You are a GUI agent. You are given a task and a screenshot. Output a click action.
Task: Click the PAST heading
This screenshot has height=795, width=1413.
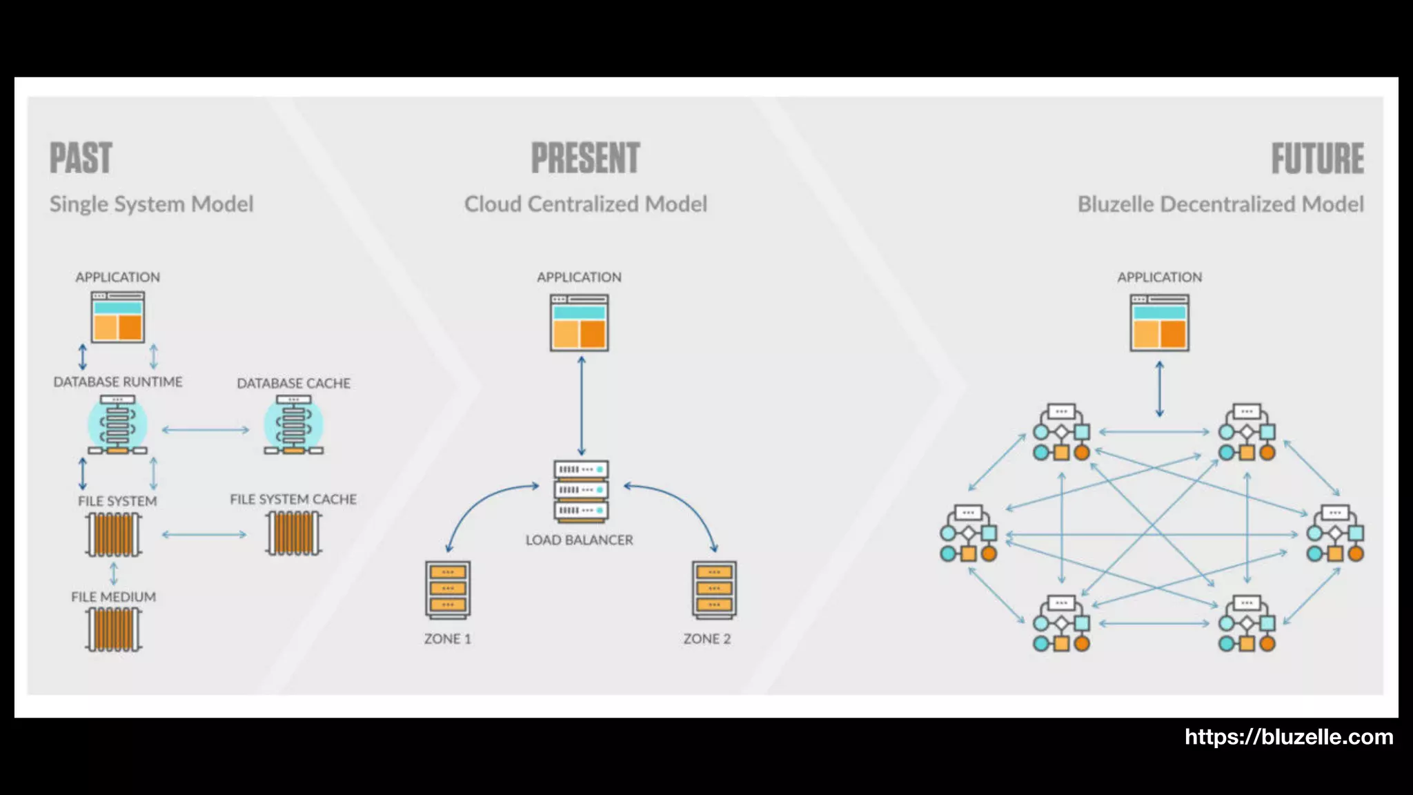click(x=81, y=158)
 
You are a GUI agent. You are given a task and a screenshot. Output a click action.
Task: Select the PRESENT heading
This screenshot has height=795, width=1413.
click(x=585, y=158)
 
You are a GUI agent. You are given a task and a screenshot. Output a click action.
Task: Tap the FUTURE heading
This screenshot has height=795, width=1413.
click(x=1317, y=158)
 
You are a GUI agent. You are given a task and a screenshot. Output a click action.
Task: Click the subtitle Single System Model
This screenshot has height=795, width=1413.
click(x=151, y=204)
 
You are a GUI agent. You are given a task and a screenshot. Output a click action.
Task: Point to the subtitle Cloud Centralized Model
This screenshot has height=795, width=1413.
click(x=585, y=204)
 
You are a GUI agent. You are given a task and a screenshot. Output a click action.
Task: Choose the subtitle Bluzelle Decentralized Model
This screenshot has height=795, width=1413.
click(x=1220, y=204)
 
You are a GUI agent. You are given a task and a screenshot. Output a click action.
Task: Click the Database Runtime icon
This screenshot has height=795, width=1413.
click(x=117, y=425)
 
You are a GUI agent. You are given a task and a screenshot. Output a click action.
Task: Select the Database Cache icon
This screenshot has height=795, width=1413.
click(x=293, y=425)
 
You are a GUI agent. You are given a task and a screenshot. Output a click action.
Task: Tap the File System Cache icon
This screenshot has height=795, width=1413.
click(x=294, y=533)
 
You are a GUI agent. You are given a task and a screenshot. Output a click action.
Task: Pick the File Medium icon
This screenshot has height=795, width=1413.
click(x=114, y=629)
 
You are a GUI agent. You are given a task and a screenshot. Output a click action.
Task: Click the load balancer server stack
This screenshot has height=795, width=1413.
click(x=580, y=490)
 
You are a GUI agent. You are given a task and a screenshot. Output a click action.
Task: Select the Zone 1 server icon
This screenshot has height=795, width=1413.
click(x=448, y=589)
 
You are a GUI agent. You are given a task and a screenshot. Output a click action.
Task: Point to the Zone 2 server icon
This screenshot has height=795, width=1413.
click(x=714, y=589)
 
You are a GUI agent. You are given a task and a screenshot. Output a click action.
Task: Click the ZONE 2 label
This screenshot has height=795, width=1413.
click(x=706, y=639)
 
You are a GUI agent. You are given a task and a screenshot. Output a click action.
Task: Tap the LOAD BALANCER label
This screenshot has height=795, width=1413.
click(x=579, y=540)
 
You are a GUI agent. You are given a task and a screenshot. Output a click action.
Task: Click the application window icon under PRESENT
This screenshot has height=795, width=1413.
click(x=579, y=323)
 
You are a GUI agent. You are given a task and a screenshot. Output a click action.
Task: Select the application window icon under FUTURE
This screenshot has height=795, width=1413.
click(x=1159, y=323)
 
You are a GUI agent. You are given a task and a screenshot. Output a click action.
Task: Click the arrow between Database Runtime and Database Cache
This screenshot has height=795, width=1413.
click(x=206, y=430)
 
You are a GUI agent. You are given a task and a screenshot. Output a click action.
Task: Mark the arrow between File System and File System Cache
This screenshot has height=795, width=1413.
click(x=204, y=534)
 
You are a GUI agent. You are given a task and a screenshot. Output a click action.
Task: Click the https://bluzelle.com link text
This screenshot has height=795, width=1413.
click(x=1288, y=737)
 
